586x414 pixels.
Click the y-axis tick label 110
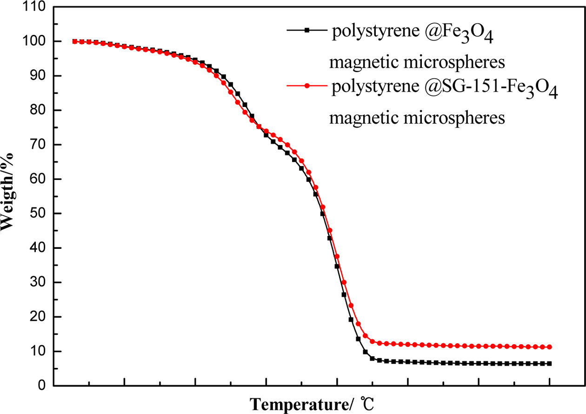(35, 7)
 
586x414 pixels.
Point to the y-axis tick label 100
(35, 41)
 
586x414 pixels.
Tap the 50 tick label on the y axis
(39, 214)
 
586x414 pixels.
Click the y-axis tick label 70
(39, 145)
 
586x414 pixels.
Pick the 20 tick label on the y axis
(39, 317)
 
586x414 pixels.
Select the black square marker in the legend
(306, 30)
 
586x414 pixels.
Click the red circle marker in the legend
(306, 86)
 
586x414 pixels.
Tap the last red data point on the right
(549, 347)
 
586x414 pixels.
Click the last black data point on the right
(549, 364)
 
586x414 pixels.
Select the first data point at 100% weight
(75, 41)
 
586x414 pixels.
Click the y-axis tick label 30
(39, 282)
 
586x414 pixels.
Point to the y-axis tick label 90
(39, 76)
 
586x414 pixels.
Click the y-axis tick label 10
(39, 351)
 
